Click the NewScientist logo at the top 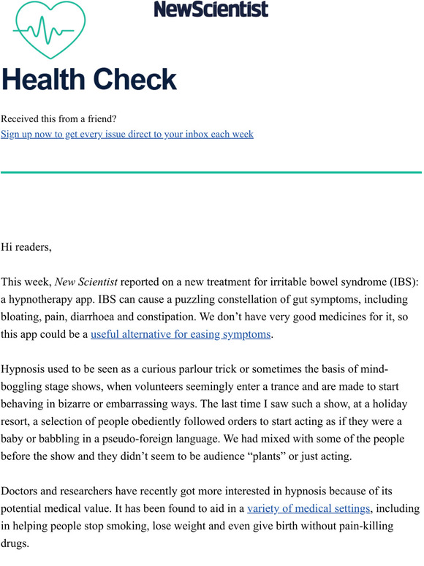(x=211, y=9)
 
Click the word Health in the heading (x=45, y=80)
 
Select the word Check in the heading (x=136, y=80)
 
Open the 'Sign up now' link (x=127, y=135)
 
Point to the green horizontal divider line (x=211, y=173)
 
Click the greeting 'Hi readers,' (x=26, y=247)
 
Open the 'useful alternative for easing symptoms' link (x=181, y=335)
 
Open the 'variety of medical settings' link (x=309, y=508)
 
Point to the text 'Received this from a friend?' (x=58, y=119)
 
